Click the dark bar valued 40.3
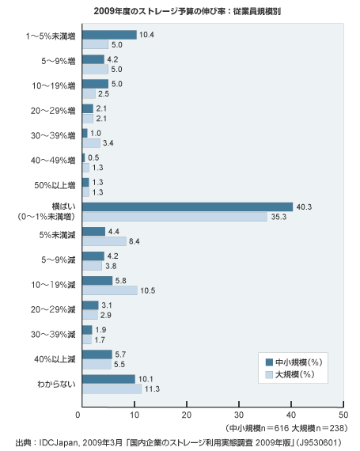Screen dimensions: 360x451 point(188,207)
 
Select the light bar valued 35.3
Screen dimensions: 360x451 point(175,217)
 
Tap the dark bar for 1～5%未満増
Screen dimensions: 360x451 point(109,35)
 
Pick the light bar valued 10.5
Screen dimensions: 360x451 point(110,290)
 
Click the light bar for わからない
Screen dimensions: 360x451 point(112,388)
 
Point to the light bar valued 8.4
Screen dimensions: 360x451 point(104,241)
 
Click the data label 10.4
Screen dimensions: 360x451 point(146,35)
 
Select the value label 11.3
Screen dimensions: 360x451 point(152,388)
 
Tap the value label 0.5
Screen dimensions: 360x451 point(93,157)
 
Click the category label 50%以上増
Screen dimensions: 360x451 point(55,185)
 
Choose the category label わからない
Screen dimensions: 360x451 point(56,384)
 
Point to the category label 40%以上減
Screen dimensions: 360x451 point(55,359)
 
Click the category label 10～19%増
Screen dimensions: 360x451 point(54,85)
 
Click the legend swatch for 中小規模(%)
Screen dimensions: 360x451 point(269,362)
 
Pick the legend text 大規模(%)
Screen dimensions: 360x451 point(295,374)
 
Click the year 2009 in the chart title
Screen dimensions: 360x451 point(102,11)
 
